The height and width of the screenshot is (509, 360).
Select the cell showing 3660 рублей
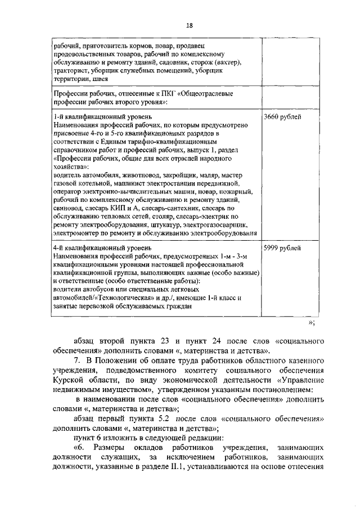281,116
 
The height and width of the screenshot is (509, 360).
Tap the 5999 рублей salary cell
281,247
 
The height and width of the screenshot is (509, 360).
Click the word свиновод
68,209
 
